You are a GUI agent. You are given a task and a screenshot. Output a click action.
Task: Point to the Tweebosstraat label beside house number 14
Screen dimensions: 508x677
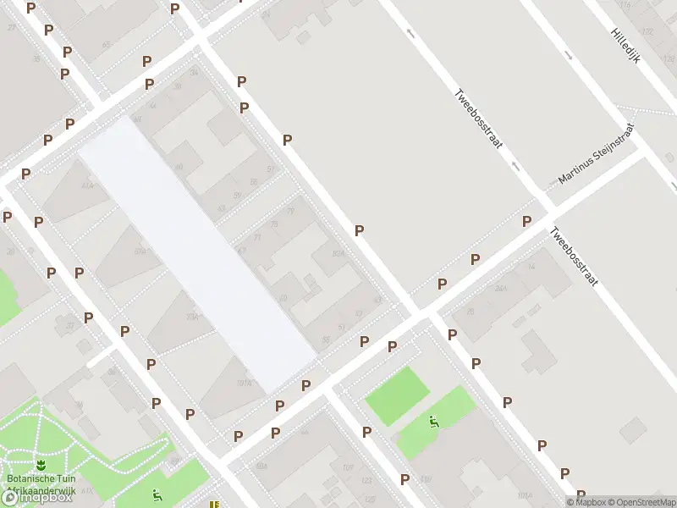pyautogui.click(x=573, y=257)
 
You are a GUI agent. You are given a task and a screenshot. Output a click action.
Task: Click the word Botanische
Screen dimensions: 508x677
pyautogui.click(x=31, y=478)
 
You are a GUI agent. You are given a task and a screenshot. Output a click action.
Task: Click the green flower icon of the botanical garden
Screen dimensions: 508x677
pyautogui.click(x=40, y=465)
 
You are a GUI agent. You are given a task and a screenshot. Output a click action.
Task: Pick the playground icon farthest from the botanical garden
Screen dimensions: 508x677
pyautogui.click(x=434, y=421)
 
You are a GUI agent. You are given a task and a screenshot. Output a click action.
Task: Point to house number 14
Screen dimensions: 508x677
pyautogui.click(x=531, y=267)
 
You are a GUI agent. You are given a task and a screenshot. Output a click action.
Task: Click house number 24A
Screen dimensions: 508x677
pyautogui.click(x=501, y=289)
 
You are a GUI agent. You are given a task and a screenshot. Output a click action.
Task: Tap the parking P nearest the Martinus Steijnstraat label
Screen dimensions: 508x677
pyautogui.click(x=526, y=221)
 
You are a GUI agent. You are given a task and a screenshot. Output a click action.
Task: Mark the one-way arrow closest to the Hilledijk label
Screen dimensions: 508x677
pyautogui.click(x=568, y=58)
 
